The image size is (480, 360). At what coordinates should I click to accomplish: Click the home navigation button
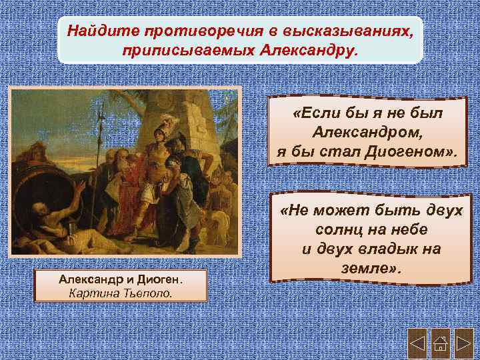coord(440,345)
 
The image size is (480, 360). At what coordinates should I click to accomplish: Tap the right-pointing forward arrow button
coord(464,345)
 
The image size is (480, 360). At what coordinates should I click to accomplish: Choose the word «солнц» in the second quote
coord(337,229)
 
